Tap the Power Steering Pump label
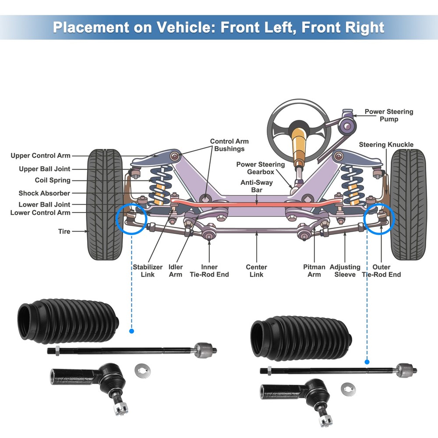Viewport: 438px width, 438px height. [x=389, y=115]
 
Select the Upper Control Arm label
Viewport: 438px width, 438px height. [x=40, y=155]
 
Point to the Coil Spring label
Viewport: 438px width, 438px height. [x=53, y=180]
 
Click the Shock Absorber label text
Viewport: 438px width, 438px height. [x=44, y=193]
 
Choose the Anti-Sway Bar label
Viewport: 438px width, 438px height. [x=256, y=186]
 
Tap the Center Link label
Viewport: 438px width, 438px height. [x=256, y=271]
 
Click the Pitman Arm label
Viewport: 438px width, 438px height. [x=314, y=271]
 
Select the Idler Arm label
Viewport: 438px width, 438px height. [x=176, y=271]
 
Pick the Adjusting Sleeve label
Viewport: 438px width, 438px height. [x=345, y=271]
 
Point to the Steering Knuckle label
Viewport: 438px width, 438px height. [x=386, y=145]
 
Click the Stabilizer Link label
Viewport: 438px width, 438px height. [x=148, y=271]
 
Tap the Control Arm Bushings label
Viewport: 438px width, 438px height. [x=229, y=145]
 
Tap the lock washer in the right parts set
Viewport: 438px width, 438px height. [x=349, y=388]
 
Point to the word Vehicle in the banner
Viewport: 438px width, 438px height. [x=186, y=27]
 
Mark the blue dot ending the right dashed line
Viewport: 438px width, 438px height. [x=367, y=362]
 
